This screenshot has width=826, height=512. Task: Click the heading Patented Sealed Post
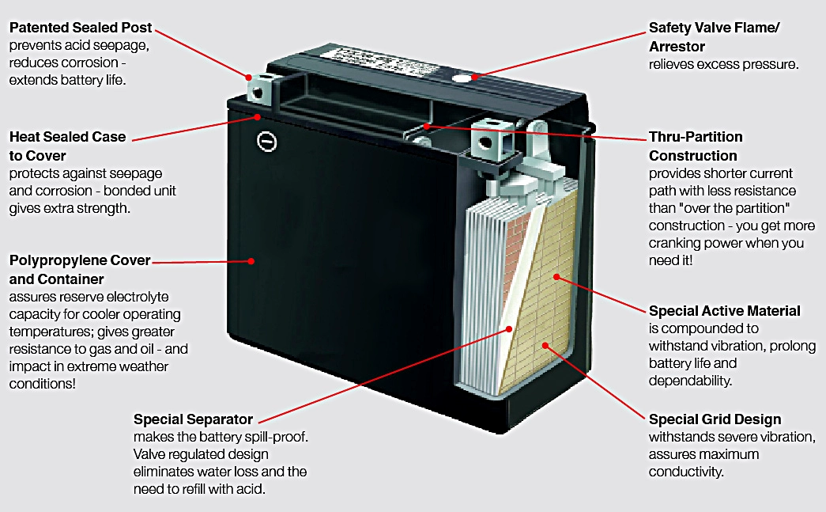81,28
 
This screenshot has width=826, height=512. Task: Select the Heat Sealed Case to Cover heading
67,146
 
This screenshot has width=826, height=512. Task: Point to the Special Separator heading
193,419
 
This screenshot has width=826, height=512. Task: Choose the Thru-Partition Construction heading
696,146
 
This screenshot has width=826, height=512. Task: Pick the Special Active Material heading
724,311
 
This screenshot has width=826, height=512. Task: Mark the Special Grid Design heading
715,419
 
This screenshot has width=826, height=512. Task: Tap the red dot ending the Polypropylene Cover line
251,260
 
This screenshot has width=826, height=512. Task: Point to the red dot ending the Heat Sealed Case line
259,116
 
